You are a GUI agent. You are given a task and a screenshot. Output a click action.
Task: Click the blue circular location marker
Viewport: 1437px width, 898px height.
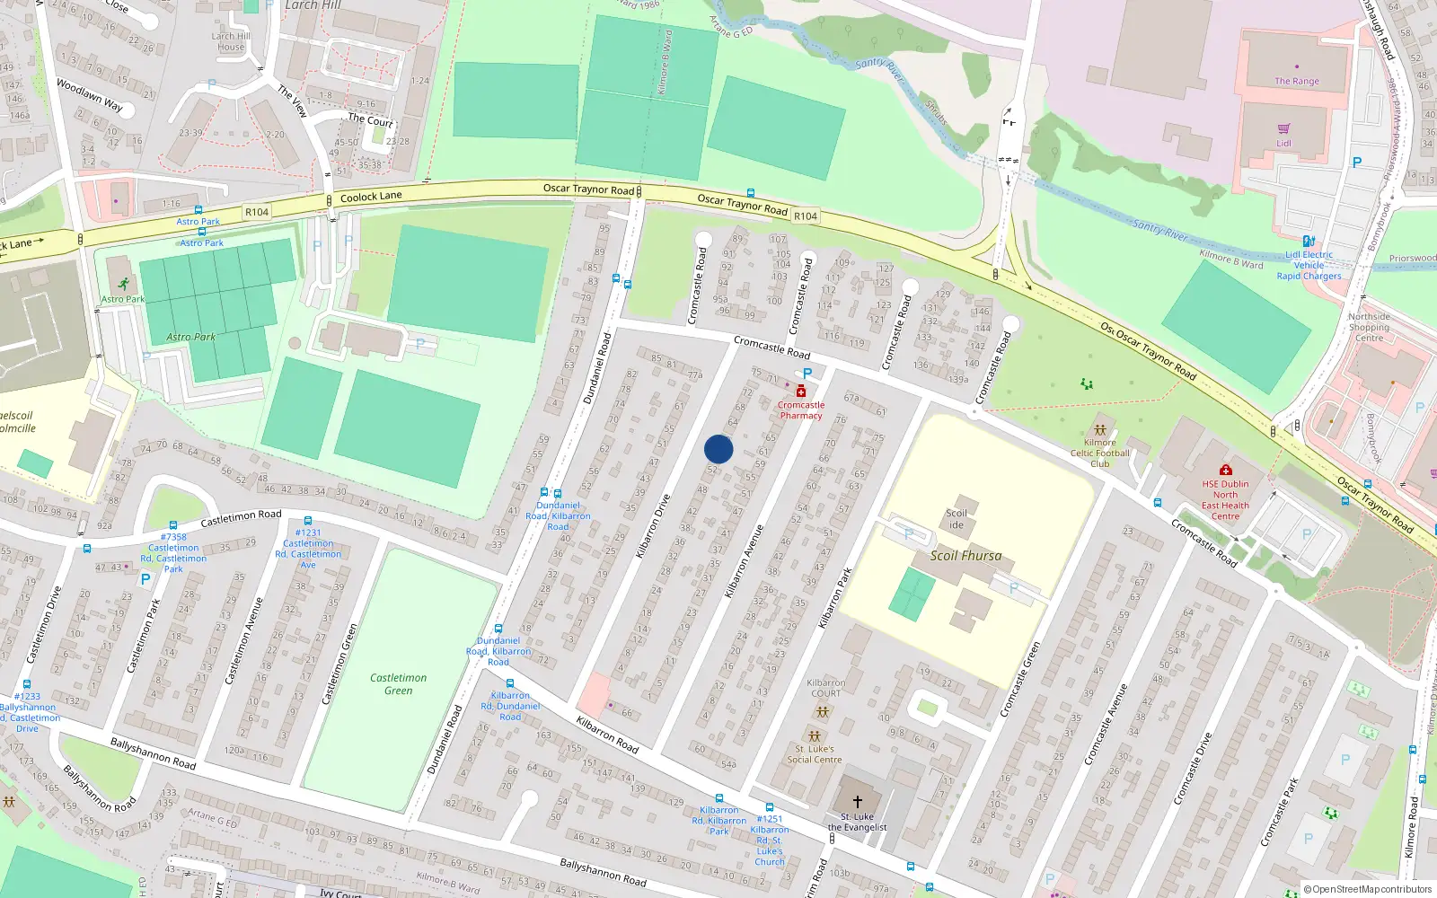click(718, 449)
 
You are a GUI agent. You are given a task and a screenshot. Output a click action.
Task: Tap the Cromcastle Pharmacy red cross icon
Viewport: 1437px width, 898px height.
click(800, 391)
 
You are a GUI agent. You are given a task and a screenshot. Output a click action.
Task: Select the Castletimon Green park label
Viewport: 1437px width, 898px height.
click(398, 684)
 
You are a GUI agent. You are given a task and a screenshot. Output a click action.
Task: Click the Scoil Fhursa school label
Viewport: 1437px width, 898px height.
click(965, 556)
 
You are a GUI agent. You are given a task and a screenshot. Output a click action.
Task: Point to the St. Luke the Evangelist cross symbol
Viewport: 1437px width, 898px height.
click(857, 801)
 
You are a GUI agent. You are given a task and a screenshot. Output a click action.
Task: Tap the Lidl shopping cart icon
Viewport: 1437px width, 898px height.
click(1283, 128)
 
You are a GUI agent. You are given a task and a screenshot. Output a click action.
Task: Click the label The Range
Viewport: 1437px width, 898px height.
click(1297, 81)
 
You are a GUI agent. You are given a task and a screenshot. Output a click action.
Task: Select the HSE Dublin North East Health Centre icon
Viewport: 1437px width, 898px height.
click(1225, 470)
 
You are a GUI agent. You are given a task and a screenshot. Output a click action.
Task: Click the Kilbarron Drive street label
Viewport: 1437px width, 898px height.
click(653, 526)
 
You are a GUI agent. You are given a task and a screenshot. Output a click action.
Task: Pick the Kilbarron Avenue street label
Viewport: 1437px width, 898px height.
click(744, 561)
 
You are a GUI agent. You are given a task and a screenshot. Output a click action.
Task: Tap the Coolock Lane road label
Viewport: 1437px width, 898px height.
click(371, 197)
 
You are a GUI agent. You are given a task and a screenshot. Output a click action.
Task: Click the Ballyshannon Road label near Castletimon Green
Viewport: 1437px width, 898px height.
click(153, 753)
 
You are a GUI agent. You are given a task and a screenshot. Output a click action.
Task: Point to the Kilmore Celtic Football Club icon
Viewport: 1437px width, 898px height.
click(1099, 430)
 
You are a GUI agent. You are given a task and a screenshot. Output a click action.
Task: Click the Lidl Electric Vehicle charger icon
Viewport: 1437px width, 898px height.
click(1309, 241)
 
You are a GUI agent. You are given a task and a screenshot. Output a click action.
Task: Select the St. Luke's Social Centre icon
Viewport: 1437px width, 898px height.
click(815, 736)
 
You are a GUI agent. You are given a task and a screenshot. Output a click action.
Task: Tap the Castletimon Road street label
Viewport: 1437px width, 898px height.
click(241, 517)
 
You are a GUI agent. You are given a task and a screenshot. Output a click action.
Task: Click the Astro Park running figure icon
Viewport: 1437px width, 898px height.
click(123, 285)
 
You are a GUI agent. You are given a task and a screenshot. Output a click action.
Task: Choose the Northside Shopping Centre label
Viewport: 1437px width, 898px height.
click(1369, 327)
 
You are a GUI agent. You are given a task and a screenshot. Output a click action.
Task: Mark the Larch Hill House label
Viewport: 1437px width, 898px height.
click(231, 41)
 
